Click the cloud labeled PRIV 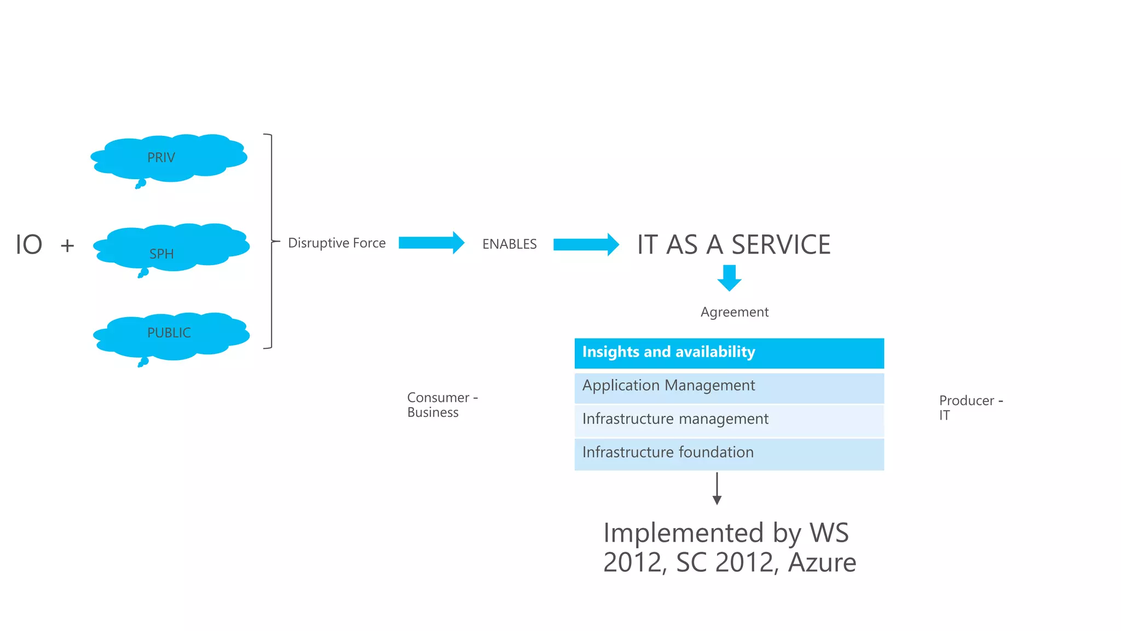point(169,158)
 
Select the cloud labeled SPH point(171,247)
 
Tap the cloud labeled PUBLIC point(171,336)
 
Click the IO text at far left point(28,245)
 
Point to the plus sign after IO point(67,245)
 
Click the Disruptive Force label point(337,243)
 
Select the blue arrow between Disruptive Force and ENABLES point(431,243)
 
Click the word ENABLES point(509,244)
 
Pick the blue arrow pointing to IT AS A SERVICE point(586,244)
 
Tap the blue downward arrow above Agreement point(729,278)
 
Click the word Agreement point(735,312)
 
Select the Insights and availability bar point(729,353)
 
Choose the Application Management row point(729,387)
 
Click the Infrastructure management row point(729,420)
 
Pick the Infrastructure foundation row point(729,454)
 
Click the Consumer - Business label point(442,405)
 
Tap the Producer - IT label point(970,408)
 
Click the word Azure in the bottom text point(822,563)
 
